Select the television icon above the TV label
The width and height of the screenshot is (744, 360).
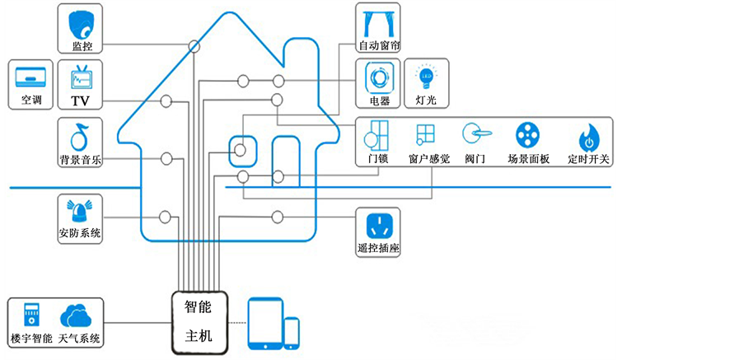(80, 77)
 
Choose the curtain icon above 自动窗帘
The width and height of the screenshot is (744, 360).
(379, 20)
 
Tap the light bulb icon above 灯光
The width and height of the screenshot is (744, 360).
(426, 77)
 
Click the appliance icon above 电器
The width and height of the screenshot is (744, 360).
(379, 77)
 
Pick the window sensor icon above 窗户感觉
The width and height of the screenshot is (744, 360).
(426, 134)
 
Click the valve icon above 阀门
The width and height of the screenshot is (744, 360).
(475, 133)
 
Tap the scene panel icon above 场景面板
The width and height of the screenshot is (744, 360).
(527, 134)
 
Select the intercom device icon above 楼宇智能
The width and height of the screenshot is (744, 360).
(30, 316)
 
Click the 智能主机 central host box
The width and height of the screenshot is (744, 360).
(198, 321)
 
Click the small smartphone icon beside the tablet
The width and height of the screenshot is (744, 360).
(292, 331)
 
